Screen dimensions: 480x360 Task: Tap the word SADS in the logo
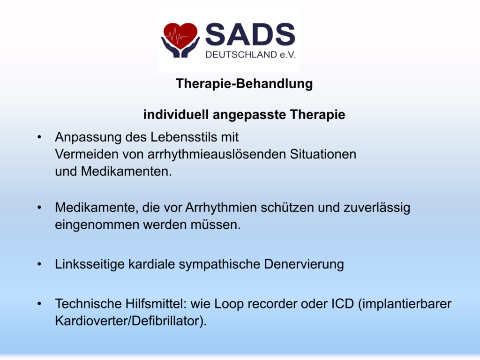(x=250, y=35)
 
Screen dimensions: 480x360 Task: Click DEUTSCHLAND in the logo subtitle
(x=241, y=55)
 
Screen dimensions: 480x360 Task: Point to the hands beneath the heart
(x=180, y=48)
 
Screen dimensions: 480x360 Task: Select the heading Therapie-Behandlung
(x=244, y=83)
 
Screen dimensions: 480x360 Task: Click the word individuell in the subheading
(x=176, y=115)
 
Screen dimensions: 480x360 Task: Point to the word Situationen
(x=323, y=154)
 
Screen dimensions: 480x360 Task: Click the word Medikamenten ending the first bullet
(x=126, y=172)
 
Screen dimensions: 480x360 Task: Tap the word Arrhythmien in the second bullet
(x=221, y=208)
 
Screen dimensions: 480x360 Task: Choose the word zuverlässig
(x=377, y=208)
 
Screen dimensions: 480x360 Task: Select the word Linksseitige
(x=90, y=264)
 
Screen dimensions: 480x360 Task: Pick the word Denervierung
(x=304, y=264)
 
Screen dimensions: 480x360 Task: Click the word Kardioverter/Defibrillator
(x=131, y=321)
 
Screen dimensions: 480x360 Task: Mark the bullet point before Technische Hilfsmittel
(x=39, y=304)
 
